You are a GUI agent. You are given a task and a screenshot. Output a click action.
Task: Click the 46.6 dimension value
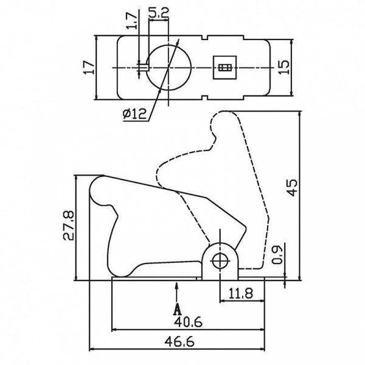click(179, 342)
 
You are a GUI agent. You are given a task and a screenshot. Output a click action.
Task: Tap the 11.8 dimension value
click(241, 293)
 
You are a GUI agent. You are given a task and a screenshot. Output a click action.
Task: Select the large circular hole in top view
click(170, 66)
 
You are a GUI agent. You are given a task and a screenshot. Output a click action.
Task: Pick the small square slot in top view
click(225, 68)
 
